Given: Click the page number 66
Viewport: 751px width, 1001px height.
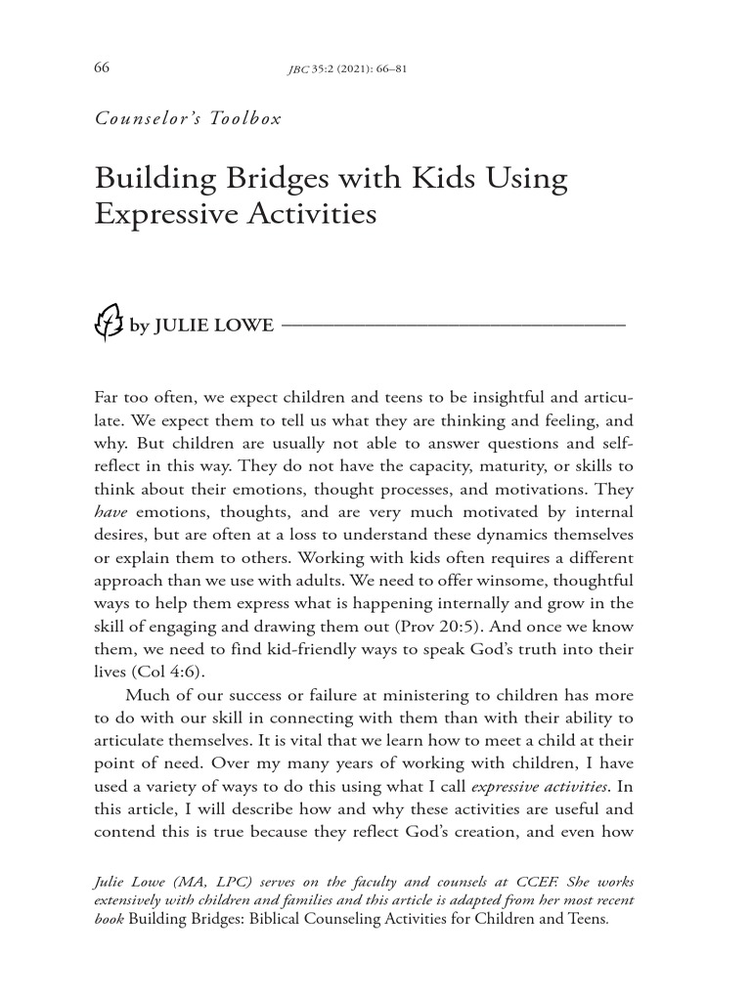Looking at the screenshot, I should pyautogui.click(x=101, y=67).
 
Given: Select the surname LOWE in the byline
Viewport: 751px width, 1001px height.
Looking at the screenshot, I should pyautogui.click(x=249, y=326).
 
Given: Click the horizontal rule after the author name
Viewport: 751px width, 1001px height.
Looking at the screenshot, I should pyautogui.click(x=453, y=324).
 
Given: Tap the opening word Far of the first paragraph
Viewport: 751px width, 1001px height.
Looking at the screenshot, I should pyautogui.click(x=108, y=400).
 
